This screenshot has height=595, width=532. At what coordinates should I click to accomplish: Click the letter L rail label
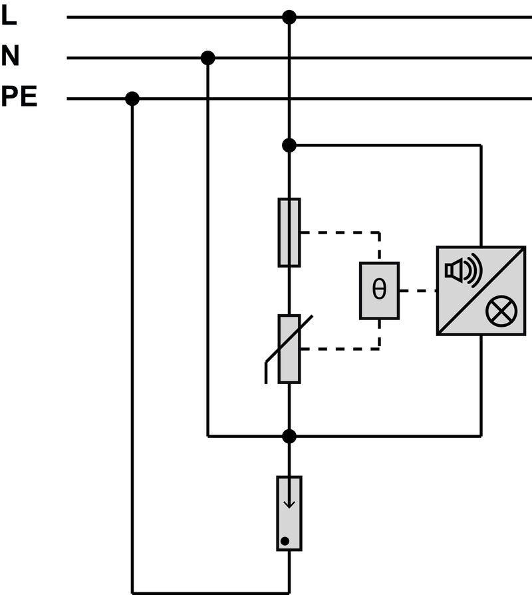[x=8, y=16]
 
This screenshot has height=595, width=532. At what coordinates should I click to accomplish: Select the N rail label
[x=10, y=57]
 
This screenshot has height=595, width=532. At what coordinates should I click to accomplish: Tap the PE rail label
[x=19, y=98]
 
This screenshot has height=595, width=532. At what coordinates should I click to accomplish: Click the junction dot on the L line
[x=289, y=17]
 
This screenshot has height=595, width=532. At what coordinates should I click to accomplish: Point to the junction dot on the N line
[x=207, y=58]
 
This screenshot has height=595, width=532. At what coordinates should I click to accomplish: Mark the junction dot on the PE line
[x=132, y=99]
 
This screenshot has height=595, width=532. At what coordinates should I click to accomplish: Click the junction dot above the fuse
[x=289, y=144]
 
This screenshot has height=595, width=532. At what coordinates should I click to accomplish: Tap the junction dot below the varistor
[x=289, y=436]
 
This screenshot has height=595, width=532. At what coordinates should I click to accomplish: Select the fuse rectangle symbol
[x=289, y=232]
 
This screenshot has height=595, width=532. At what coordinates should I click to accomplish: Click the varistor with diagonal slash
[x=289, y=349]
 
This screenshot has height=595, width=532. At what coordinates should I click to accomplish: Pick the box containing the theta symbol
[x=379, y=291]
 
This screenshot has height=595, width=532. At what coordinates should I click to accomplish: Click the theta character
[x=379, y=291]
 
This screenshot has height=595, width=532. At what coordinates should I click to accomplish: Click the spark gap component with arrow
[x=289, y=513]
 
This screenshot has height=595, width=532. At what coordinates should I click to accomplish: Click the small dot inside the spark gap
[x=285, y=540]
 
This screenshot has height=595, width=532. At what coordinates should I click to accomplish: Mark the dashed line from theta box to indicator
[x=418, y=291]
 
